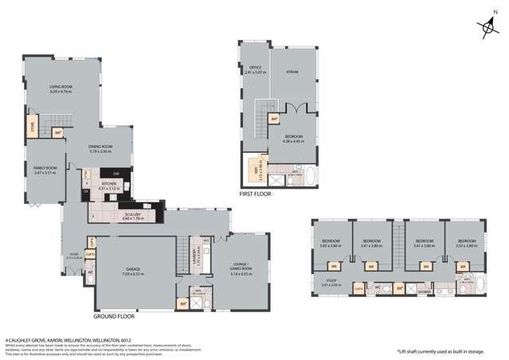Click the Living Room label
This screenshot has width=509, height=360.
click(61, 88)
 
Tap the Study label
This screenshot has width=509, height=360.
click(331, 280)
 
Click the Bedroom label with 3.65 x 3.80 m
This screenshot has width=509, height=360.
click(331, 243)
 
